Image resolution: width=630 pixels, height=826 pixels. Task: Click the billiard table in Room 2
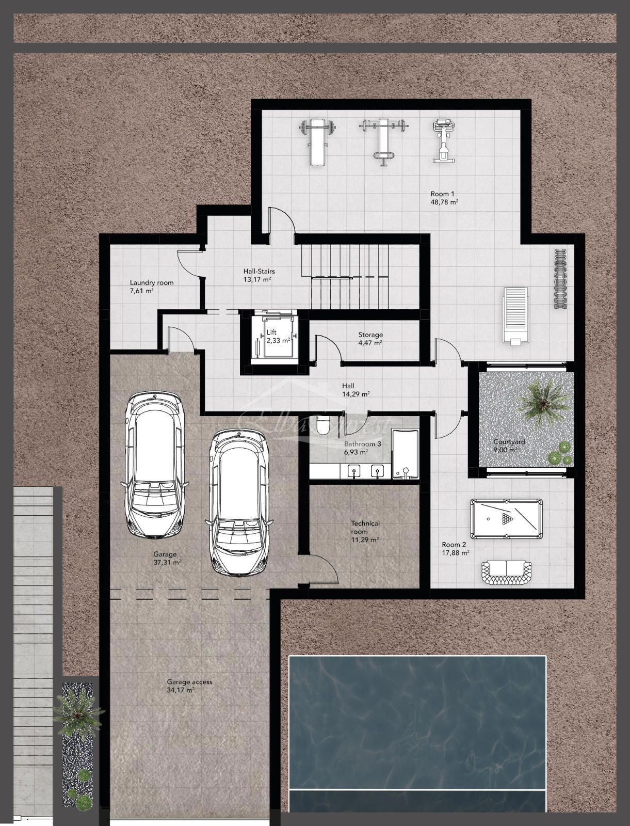coord(506,518)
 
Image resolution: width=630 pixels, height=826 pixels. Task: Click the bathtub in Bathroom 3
coord(405,454)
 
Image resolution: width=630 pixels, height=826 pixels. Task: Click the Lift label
coord(271,332)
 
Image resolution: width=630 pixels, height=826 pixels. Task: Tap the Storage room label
coord(370,335)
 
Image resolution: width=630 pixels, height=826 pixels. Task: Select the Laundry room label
coord(152,282)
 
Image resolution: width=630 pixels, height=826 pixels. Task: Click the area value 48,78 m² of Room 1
coord(445,202)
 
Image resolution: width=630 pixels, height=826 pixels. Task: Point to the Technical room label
coord(365,527)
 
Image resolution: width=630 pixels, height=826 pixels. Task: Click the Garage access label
coord(189,681)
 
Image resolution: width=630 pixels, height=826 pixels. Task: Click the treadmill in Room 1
coord(515,314)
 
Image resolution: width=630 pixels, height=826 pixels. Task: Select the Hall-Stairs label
coord(259,271)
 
